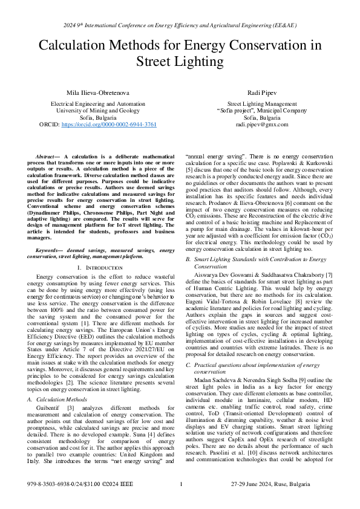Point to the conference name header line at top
[x=180, y=26]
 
